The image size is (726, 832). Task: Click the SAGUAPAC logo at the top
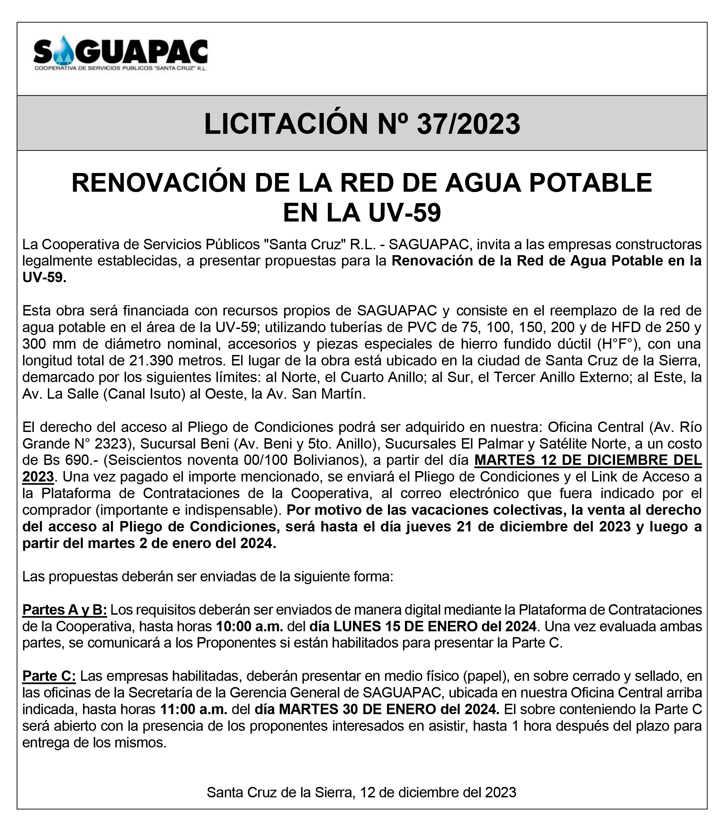(x=120, y=54)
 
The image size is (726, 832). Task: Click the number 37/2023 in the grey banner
(x=468, y=124)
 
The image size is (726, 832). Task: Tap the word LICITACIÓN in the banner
(x=285, y=124)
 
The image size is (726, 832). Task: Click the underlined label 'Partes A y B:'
(x=64, y=610)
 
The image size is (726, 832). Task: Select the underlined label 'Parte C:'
(x=49, y=676)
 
